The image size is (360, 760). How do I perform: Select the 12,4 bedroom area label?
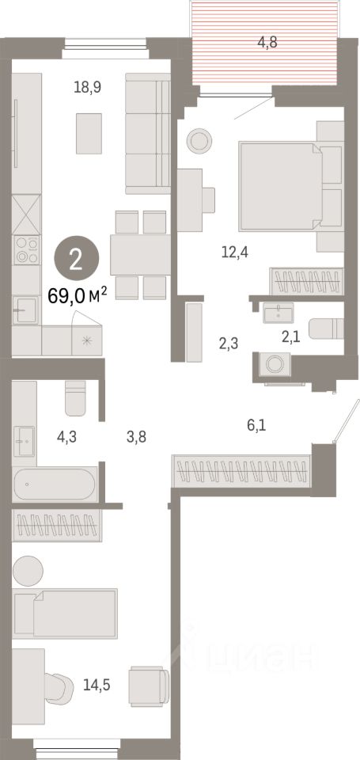click(233, 253)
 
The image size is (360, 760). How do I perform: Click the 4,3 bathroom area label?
click(66, 435)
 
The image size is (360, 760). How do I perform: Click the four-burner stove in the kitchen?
click(28, 251)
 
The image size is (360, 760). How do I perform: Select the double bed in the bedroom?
click(280, 182)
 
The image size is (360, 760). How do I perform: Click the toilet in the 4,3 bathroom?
click(75, 398)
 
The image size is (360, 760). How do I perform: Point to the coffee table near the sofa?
click(89, 133)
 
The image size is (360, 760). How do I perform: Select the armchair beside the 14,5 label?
click(149, 682)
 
